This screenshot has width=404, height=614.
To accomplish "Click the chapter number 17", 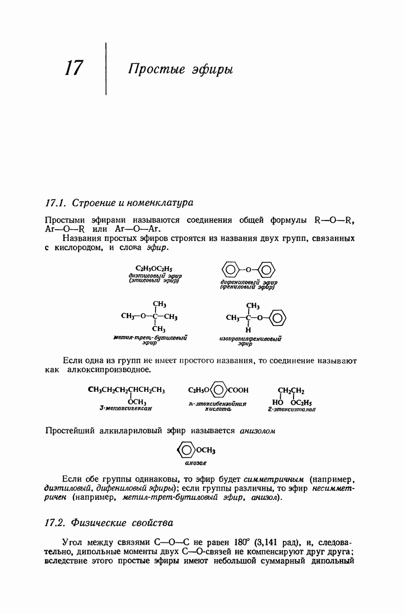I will [x=74, y=68].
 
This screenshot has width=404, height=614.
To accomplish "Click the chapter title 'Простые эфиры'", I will [x=180, y=69].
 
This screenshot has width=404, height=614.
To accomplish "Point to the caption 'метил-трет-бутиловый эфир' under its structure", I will [x=149, y=341].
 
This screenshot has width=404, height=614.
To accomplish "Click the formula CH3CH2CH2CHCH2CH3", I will [x=127, y=390].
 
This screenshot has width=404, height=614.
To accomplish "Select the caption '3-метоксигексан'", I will [x=126, y=408].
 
